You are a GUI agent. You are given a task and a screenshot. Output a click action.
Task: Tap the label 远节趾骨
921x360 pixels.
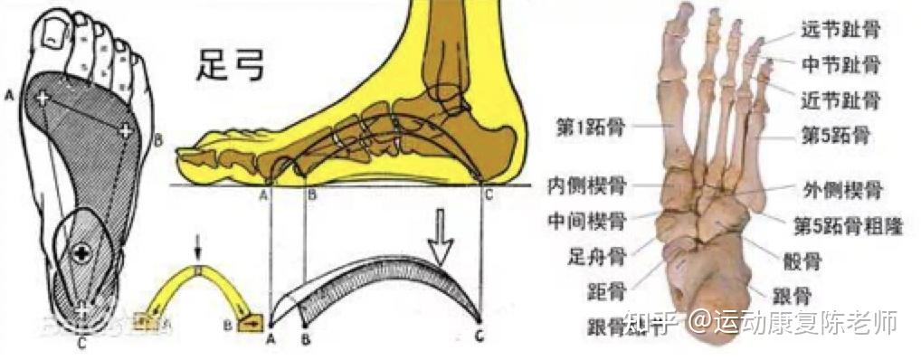point(841,30)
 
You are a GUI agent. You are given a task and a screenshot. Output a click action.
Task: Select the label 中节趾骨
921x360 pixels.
point(841,64)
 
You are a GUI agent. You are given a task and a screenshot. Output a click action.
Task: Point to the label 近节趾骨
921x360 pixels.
point(841,99)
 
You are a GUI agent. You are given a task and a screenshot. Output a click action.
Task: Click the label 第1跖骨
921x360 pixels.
point(589,128)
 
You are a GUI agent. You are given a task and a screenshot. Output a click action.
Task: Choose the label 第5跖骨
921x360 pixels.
point(836,136)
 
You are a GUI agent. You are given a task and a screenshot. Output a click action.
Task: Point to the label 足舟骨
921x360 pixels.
point(593,255)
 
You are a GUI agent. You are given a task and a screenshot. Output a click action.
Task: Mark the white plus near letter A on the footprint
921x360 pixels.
point(42,96)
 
